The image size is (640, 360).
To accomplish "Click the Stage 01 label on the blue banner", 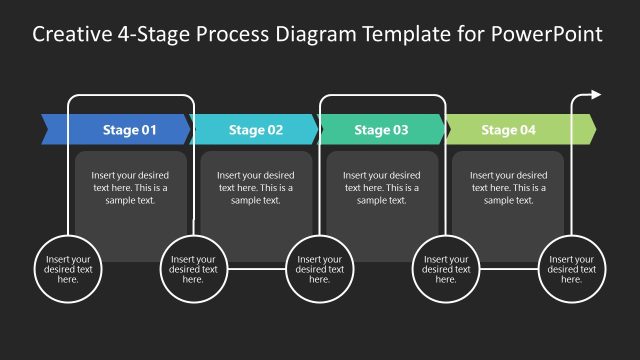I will click(x=130, y=130).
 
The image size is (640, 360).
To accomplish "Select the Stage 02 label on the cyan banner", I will click(x=256, y=130).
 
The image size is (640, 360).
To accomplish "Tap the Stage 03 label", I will click(x=382, y=130).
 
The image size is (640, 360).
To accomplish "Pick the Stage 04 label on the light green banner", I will click(x=508, y=130).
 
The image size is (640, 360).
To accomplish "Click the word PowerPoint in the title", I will click(x=547, y=35).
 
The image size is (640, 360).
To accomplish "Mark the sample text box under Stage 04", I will click(x=508, y=188).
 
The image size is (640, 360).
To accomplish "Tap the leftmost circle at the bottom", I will click(x=68, y=268).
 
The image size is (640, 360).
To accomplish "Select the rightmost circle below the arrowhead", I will click(x=573, y=268).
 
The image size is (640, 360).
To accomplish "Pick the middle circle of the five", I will click(x=320, y=268).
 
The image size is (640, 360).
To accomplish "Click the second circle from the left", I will click(x=193, y=268).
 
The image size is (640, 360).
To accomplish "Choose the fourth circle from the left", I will click(x=446, y=268).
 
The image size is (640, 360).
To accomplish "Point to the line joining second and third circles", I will click(x=257, y=268).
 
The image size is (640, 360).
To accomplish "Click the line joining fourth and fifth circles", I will click(x=509, y=268).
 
